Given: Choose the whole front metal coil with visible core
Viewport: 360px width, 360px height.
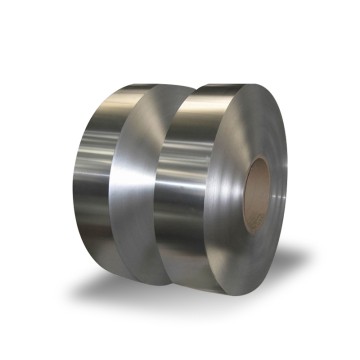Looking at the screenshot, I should (230, 185).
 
